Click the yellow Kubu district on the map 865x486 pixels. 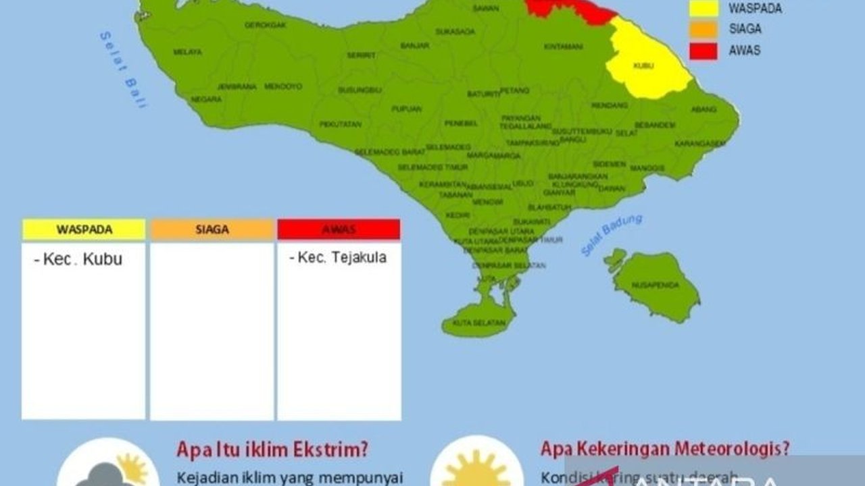(645, 64)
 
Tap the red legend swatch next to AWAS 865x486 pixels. (703, 51)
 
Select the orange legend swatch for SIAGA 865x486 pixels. (703, 29)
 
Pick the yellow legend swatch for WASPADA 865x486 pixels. (703, 9)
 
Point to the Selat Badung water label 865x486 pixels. (612, 235)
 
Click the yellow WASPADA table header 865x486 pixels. (83, 230)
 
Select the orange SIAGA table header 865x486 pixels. (212, 230)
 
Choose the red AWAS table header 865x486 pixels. (339, 230)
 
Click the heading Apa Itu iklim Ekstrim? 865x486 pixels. (276, 449)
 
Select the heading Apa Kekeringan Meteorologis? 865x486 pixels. (665, 449)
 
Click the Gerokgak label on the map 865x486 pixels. (265, 25)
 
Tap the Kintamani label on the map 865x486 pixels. (563, 47)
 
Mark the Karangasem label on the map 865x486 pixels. (699, 144)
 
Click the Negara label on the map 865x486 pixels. (206, 99)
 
